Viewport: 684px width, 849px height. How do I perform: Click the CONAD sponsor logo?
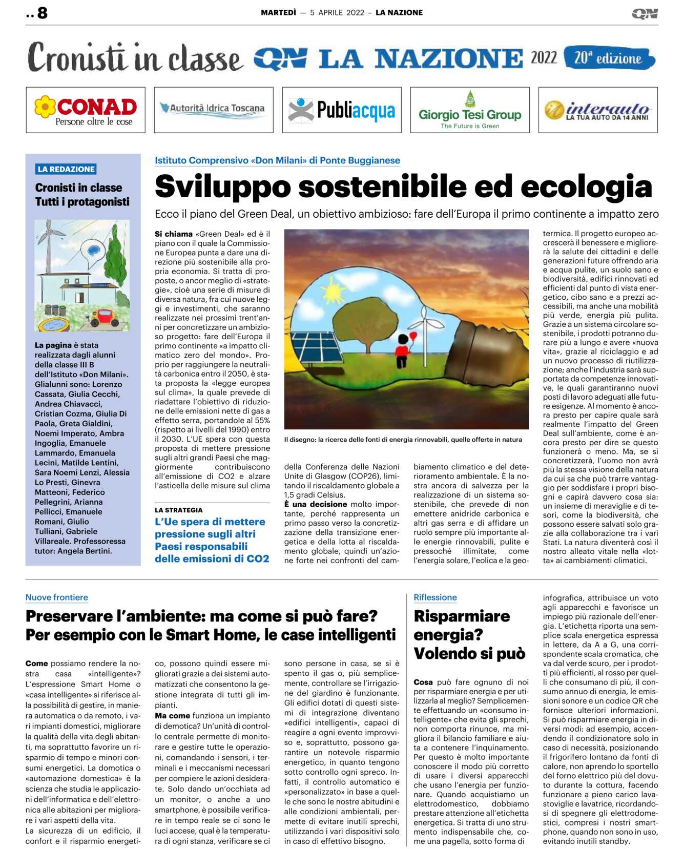86,110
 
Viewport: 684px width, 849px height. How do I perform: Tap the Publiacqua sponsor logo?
342,110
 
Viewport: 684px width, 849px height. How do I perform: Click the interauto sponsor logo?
598,110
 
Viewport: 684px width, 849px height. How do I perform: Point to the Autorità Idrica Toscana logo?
213,109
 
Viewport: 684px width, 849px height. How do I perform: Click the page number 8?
43,13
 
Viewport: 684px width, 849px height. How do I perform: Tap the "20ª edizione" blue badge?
609,58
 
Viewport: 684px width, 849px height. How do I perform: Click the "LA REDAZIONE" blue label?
66,169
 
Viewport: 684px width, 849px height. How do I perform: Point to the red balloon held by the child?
413,336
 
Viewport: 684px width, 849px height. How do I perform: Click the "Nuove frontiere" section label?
57,597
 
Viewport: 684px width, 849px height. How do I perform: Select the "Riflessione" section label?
435,597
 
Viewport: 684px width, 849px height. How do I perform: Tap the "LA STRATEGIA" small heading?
179,510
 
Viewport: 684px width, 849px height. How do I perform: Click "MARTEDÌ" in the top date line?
278,13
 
